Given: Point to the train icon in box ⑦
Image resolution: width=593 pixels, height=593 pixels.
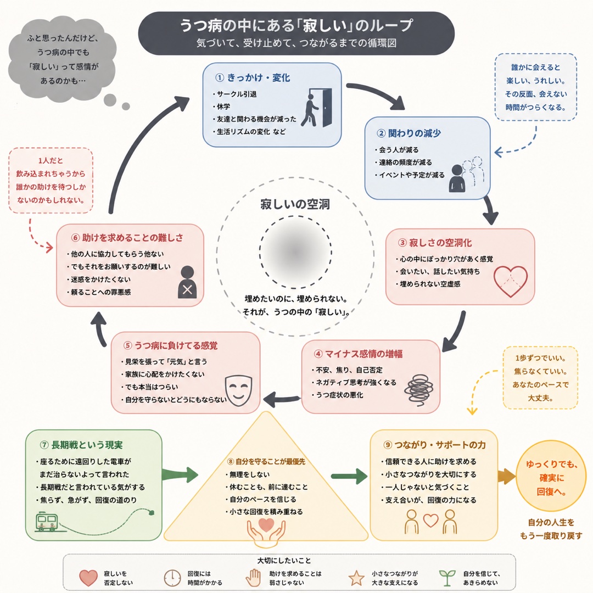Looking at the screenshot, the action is (47, 522).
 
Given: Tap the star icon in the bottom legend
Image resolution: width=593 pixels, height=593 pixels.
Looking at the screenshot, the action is (356, 578).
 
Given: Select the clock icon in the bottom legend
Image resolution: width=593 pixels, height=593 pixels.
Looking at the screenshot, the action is (172, 578).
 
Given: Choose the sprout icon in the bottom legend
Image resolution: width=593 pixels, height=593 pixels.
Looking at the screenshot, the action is (447, 578).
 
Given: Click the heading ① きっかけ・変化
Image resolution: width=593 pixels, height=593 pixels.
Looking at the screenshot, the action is (253, 77).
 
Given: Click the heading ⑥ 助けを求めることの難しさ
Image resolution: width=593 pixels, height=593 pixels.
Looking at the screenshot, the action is (127, 238).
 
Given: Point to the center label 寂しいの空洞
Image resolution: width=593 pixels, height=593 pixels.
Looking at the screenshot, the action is (295, 204).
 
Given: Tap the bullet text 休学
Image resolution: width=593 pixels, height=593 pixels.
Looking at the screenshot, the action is (223, 107).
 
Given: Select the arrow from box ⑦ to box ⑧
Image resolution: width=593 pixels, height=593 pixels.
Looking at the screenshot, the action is (180, 474).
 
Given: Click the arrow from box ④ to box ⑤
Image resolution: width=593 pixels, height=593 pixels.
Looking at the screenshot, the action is (282, 399).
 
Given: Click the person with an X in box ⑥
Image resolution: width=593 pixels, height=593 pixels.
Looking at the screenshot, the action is (187, 282).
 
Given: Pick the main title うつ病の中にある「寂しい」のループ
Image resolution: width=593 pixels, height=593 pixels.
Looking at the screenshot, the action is (296, 25).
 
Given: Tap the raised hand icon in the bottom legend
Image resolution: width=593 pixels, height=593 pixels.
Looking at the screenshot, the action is (253, 578).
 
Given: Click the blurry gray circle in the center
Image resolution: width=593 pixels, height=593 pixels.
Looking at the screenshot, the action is (295, 251).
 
